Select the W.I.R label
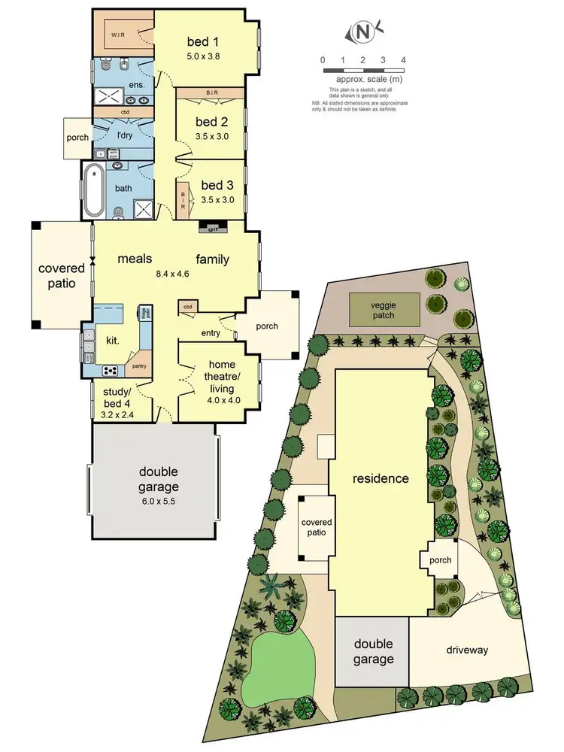[118, 35]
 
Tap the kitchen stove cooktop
[111, 369]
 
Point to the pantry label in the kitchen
[138, 366]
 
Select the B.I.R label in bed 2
[211, 93]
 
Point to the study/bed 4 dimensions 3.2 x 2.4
[120, 413]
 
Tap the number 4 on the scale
[404, 59]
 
